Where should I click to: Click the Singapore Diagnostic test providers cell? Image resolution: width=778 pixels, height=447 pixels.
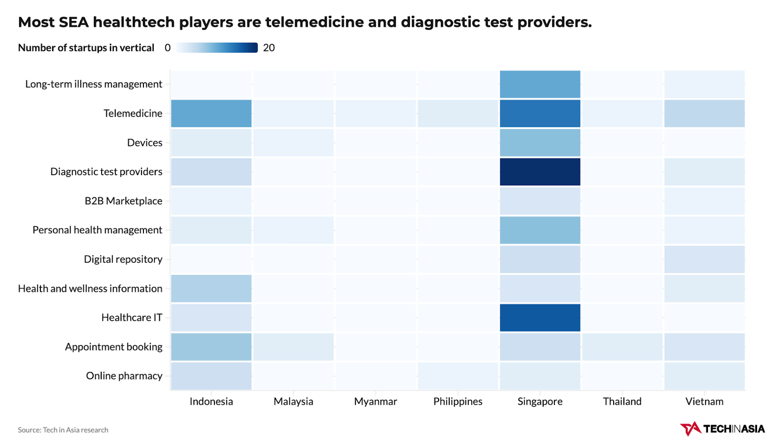540,172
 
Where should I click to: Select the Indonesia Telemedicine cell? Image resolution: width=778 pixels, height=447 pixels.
211,113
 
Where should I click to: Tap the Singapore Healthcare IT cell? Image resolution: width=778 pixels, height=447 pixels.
540,318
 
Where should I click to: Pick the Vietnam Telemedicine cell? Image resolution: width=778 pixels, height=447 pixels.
704,113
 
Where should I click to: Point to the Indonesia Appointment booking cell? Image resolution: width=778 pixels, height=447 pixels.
211,347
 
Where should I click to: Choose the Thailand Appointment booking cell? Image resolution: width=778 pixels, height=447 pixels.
622,347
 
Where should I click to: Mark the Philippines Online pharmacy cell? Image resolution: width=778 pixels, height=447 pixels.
458,376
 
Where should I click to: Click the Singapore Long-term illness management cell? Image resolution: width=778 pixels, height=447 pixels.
540,84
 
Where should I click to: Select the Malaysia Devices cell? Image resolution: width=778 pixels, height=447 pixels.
293,143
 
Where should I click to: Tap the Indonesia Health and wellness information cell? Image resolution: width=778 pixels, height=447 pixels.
211,288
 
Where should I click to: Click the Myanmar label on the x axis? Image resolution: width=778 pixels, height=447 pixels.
375,401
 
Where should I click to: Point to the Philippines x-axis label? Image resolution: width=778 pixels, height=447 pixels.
458,401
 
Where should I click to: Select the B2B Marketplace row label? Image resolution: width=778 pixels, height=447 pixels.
124,201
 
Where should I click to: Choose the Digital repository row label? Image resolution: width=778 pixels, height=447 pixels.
123,259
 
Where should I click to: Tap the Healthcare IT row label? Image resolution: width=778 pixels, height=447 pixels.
132,318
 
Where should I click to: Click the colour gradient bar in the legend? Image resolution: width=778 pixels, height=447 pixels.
217,48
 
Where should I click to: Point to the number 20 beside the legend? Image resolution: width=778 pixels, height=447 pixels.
269,48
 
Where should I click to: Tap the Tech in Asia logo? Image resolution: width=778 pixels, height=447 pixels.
722,429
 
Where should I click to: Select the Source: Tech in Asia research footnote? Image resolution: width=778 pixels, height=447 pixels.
63,430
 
